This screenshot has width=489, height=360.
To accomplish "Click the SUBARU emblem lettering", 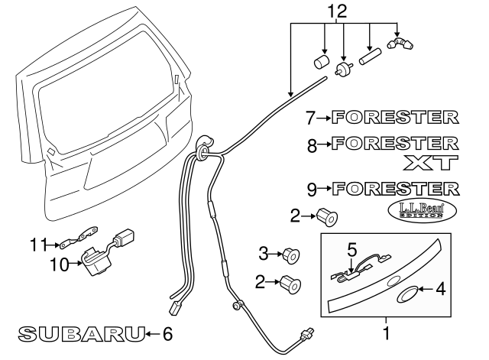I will [81, 333].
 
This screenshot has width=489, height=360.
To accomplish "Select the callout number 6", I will [168, 333].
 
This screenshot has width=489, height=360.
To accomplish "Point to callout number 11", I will [39, 245].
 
